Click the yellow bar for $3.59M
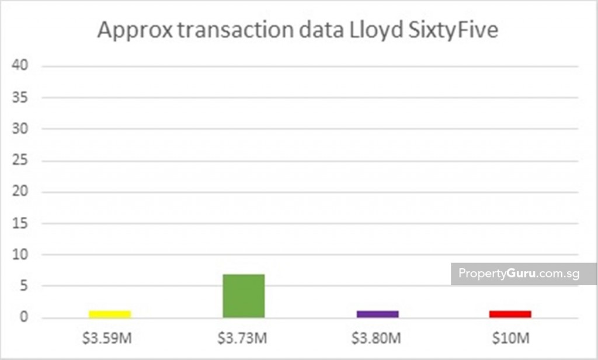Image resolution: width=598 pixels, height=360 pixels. [110, 314]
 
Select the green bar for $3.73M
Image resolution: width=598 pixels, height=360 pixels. [244, 296]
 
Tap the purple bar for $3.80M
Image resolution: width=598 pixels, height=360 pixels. [377, 314]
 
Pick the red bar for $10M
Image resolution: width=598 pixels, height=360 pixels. [510, 314]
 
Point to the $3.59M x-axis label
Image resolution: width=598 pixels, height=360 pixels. [110, 338]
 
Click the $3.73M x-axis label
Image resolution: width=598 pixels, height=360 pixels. [244, 338]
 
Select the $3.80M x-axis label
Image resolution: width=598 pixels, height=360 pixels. [377, 338]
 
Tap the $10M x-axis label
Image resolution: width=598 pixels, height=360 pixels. [510, 338]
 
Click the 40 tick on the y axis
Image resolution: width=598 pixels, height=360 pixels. [21, 65]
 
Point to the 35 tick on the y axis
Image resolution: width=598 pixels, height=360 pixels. [21, 97]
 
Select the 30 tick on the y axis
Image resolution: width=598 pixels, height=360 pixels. [21, 129]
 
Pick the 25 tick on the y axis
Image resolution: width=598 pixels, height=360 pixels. [21, 160]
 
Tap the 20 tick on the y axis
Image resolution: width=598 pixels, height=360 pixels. [21, 192]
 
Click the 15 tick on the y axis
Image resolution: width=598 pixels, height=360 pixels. [21, 223]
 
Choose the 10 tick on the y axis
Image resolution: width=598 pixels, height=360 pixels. [21, 255]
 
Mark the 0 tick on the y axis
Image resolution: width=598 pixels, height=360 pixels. [24, 318]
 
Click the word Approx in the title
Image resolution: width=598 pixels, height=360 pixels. [134, 30]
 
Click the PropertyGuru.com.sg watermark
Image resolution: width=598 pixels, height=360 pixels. [515, 274]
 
